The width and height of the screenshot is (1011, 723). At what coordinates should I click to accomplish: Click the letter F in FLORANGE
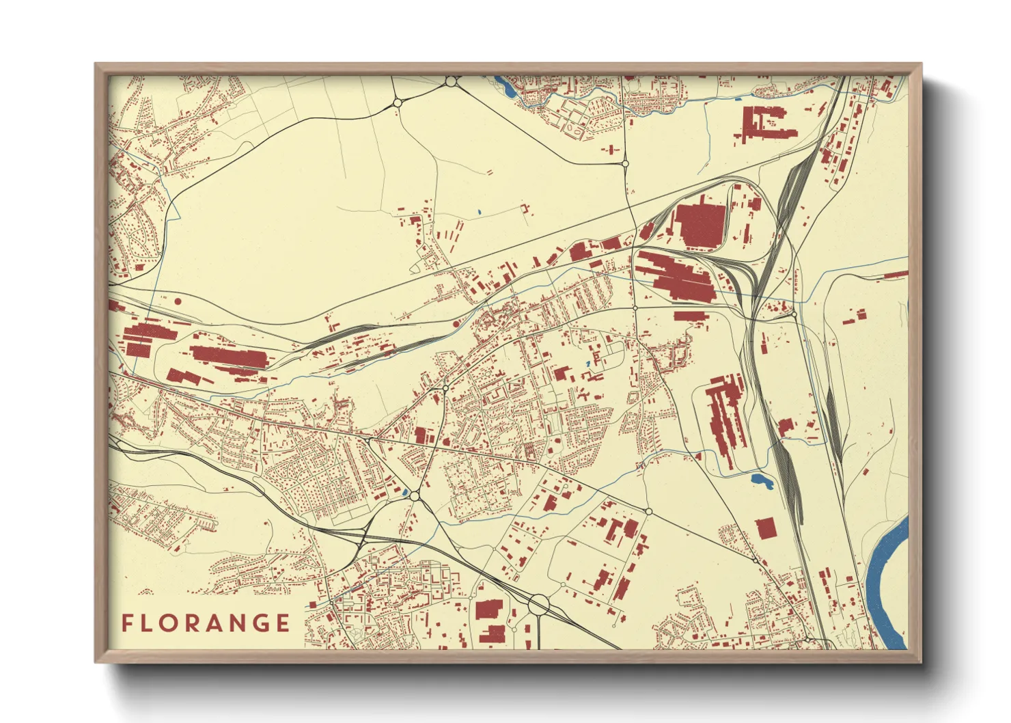click(127, 623)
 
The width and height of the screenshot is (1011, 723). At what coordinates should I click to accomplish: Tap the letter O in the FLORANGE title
click(171, 623)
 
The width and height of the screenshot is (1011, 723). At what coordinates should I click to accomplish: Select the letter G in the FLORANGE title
click(260, 623)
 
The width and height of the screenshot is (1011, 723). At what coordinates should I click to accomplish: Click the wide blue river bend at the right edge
click(888, 581)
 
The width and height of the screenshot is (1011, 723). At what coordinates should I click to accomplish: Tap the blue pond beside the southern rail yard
click(761, 482)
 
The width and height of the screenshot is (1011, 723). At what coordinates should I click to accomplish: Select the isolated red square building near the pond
click(765, 528)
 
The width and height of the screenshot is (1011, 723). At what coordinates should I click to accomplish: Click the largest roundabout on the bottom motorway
click(539, 604)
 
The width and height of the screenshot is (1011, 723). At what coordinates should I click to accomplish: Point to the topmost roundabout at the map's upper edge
click(451, 82)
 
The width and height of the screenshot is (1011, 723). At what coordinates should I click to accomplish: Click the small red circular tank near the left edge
click(178, 300)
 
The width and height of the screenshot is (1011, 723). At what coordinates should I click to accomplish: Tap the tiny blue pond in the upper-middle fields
click(480, 211)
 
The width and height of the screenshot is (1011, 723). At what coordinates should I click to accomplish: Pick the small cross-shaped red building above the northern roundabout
click(611, 149)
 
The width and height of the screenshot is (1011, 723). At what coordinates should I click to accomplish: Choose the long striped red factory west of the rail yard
click(724, 417)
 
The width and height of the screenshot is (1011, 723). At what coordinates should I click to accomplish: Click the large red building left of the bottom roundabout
click(488, 610)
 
